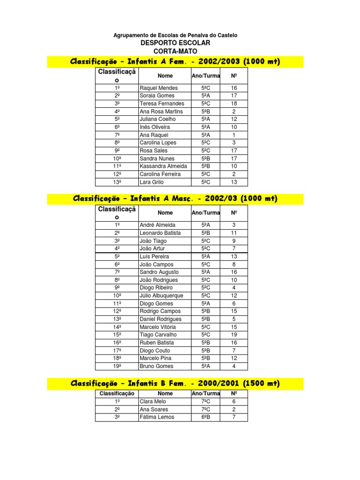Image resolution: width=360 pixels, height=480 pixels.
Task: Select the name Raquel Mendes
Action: pos(159,88)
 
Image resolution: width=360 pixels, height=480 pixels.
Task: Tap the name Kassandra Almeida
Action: pos(163,166)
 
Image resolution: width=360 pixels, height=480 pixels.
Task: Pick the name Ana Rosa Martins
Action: pos(161,112)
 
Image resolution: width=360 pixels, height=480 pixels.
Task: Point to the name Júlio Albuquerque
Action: pos(161,296)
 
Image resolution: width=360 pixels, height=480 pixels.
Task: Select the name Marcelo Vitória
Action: pos(158,327)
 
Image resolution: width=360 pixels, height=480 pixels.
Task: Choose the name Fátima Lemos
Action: pos(157,417)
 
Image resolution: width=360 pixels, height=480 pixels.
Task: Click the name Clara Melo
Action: pos(153,402)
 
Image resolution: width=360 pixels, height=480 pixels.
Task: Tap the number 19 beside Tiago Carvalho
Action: pos(234,335)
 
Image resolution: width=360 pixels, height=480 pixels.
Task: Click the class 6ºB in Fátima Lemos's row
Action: pos(206,417)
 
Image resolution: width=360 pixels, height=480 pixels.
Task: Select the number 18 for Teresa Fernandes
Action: pos(234,104)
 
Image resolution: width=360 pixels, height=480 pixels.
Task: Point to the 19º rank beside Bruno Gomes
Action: pos(117,366)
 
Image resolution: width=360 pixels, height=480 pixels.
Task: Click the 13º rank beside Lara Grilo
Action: pos(117,182)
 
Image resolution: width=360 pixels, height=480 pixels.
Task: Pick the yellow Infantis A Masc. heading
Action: pos(175,199)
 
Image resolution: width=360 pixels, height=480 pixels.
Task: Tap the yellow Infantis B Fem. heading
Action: pos(175,384)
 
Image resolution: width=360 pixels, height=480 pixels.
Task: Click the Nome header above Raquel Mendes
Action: pos(165,76)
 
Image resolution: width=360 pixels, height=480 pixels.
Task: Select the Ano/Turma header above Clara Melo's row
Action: pos(206,394)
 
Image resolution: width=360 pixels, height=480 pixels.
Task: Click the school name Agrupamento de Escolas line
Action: pos(175,35)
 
